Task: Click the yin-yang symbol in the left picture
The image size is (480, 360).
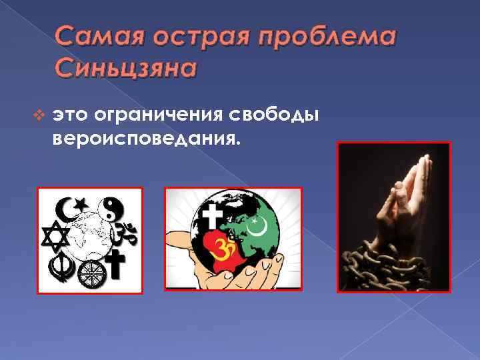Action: (109, 208)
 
